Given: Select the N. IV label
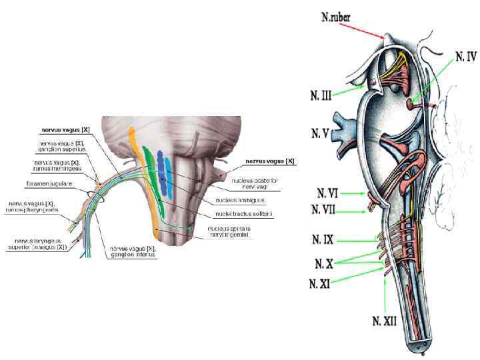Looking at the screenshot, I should [x=466, y=57].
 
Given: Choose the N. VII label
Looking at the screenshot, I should [x=325, y=209].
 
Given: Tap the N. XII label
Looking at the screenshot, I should [x=385, y=321].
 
